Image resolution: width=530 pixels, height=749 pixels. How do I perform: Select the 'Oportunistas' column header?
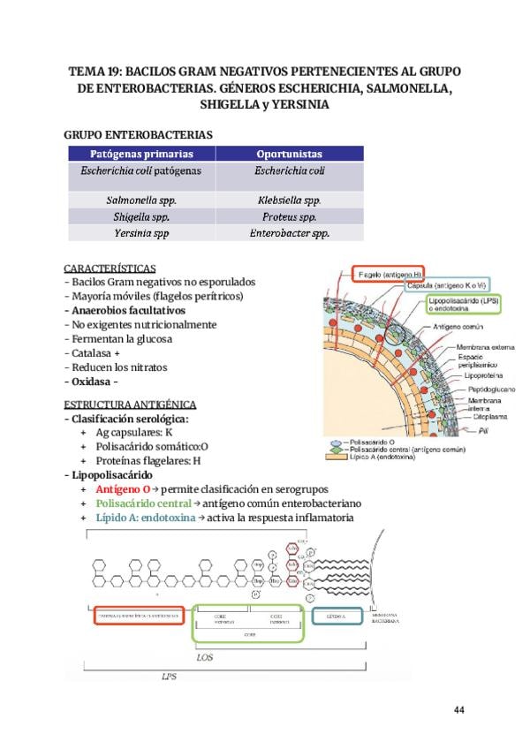pyautogui.click(x=289, y=153)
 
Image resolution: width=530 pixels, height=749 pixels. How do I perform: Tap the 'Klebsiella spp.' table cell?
pyautogui.click(x=289, y=200)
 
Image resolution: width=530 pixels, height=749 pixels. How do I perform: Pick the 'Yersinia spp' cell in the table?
pyautogui.click(x=141, y=234)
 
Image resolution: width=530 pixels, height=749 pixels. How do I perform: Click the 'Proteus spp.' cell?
pyautogui.click(x=289, y=217)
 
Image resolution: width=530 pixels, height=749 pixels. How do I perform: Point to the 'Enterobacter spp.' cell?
pyautogui.click(x=289, y=234)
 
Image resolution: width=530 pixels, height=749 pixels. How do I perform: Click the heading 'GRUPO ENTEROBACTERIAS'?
pyautogui.click(x=139, y=134)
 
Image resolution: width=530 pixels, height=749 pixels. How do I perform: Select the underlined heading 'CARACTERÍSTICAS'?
pyautogui.click(x=110, y=268)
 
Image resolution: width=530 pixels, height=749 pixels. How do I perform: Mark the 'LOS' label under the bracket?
pyautogui.click(x=205, y=656)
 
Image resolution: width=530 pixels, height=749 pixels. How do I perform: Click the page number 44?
pyautogui.click(x=458, y=709)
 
